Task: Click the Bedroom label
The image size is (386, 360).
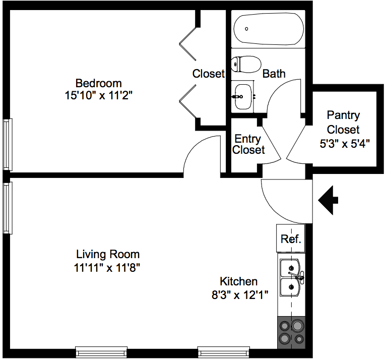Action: click(x=98, y=83)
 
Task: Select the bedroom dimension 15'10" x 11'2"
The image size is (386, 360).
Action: click(x=98, y=95)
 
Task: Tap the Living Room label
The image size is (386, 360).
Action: click(x=108, y=254)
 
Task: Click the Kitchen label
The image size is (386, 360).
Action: click(x=238, y=282)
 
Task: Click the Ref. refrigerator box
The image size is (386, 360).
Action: click(x=291, y=238)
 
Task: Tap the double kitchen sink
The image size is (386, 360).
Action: click(x=291, y=276)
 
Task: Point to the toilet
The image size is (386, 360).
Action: click(x=244, y=64)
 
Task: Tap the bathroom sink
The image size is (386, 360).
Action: click(x=243, y=96)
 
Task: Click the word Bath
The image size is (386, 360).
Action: click(x=274, y=74)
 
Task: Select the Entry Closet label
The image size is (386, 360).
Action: click(x=248, y=144)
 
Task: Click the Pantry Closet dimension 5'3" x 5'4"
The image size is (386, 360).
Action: click(x=345, y=144)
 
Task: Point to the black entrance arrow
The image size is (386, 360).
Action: click(x=328, y=200)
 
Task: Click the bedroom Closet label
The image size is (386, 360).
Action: click(x=208, y=74)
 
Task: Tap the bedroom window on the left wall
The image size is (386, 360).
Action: click(x=7, y=145)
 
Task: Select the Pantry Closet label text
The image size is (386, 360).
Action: click(x=343, y=122)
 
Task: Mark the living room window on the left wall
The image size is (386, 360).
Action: click(x=7, y=208)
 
